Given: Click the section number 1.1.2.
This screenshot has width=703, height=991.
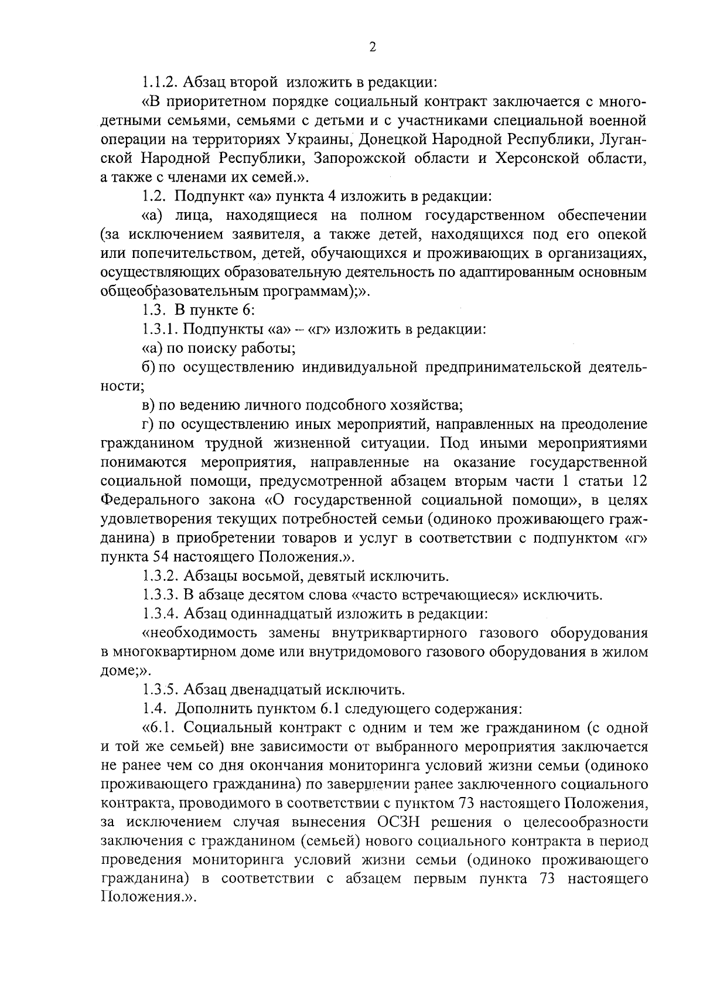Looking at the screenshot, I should pyautogui.click(x=160, y=82).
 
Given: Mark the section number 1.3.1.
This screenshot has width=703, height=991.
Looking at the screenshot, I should pyautogui.click(x=160, y=330).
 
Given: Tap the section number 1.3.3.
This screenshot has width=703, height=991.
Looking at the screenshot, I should pyautogui.click(x=160, y=595).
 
